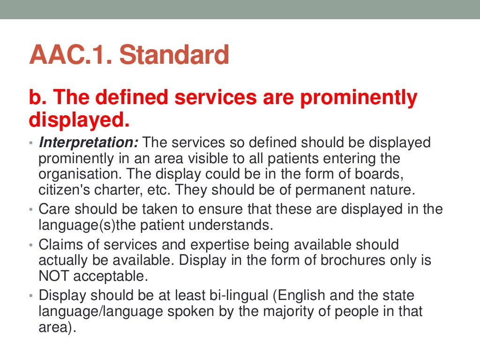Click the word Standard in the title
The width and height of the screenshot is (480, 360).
tap(174, 55)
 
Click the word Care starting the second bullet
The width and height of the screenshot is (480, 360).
tap(54, 209)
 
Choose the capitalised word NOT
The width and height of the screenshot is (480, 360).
tap(53, 277)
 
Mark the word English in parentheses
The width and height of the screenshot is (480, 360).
tap(306, 296)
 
